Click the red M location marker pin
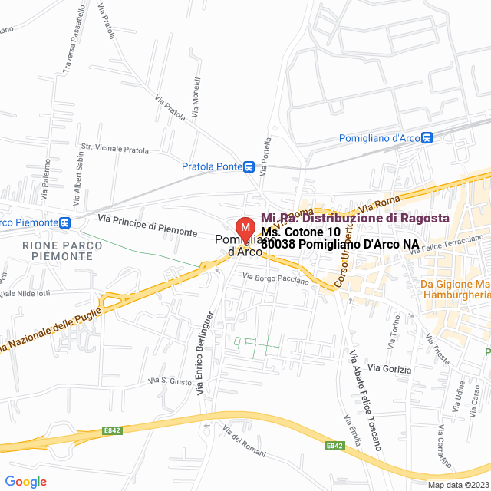[245, 229]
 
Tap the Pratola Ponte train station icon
[249, 166]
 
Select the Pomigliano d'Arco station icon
[427, 138]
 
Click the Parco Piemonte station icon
[66, 222]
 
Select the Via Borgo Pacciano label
[275, 279]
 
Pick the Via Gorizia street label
[389, 369]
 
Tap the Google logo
[25, 482]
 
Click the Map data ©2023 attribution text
[457, 485]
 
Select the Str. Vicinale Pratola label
[115, 150]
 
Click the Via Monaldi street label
[196, 96]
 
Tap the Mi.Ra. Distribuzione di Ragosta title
[354, 218]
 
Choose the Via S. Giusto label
[165, 380]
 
